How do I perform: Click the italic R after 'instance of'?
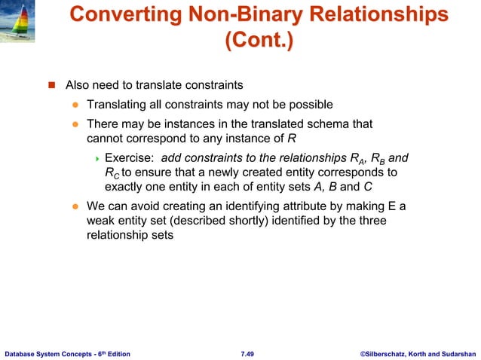tap(291, 139)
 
